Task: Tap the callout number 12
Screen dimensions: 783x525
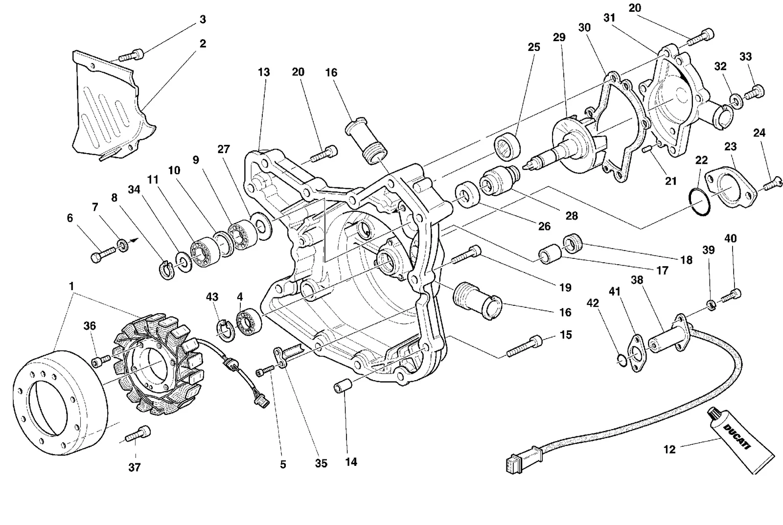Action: (669, 450)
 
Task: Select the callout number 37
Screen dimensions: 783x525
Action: (135, 467)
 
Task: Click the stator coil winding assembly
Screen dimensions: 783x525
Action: (159, 364)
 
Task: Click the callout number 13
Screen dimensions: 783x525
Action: (264, 72)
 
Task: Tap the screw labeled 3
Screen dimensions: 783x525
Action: (132, 54)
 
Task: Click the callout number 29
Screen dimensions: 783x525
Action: (559, 37)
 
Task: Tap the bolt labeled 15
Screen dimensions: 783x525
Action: (524, 346)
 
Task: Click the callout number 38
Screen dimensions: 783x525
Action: (637, 280)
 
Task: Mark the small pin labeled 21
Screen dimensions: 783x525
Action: (647, 149)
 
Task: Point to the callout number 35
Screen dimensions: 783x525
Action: (321, 463)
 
